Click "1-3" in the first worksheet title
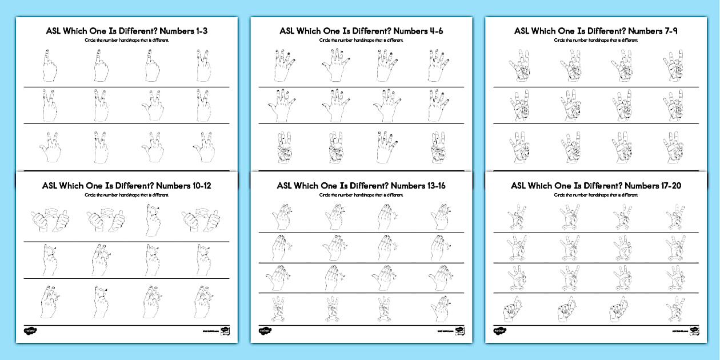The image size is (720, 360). (x=197, y=31)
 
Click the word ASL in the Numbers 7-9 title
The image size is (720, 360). (x=523, y=31)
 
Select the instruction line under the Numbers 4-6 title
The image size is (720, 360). (x=361, y=41)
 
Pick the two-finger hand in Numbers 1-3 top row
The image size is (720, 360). (x=202, y=66)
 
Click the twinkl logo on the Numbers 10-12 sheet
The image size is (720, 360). (x=30, y=330)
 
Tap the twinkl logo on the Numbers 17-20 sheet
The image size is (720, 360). (x=499, y=330)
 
